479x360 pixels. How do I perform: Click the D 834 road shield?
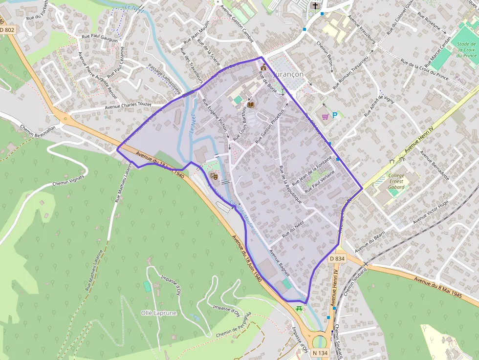(337, 258)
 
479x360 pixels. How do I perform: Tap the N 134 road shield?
(320, 353)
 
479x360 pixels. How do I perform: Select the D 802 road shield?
(7, 30)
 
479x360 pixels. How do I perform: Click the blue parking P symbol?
(335, 115)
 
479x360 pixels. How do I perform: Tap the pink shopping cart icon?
(325, 116)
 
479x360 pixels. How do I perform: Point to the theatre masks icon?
(213, 175)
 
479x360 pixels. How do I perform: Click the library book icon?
(251, 105)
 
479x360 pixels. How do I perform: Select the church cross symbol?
(315, 6)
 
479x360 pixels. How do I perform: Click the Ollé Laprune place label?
(159, 313)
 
